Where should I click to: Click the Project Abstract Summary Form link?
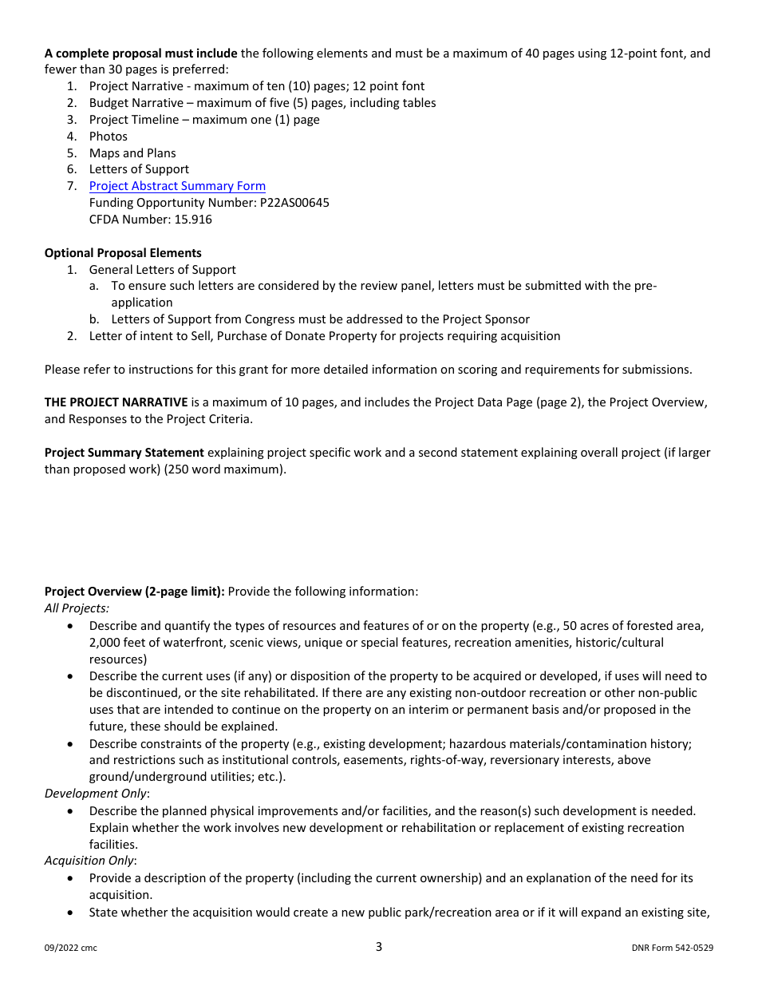[x=177, y=186]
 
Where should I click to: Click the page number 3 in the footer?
[x=379, y=947]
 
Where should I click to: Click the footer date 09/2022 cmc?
[x=71, y=948]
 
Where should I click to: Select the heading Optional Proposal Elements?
[x=123, y=253]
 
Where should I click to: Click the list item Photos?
[x=108, y=137]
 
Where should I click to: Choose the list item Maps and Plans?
[x=132, y=153]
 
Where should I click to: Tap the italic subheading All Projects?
[x=77, y=608]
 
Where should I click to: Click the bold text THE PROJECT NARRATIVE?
[x=116, y=402]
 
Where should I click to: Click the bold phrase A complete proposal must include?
[x=140, y=53]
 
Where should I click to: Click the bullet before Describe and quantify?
[x=72, y=627]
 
